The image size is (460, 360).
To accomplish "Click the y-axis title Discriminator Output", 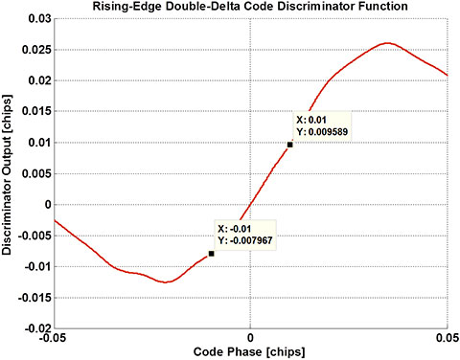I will [11, 173].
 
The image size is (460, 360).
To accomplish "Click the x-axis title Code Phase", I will [250, 351].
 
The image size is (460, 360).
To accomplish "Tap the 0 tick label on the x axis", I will [250, 338].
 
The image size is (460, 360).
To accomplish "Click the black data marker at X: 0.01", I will [289, 145].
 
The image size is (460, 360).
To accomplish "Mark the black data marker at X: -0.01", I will [211, 254].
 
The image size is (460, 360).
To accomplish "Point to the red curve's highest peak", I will [386, 43].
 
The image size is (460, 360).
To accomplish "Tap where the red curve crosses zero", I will [247, 204].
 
